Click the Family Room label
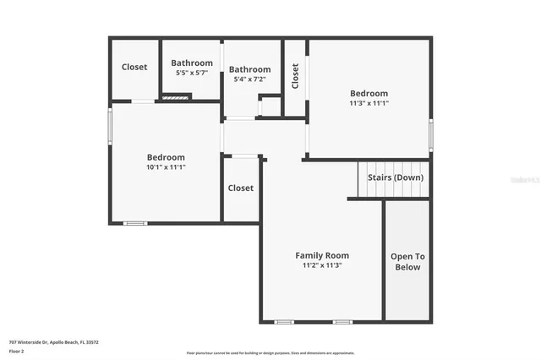(321, 255)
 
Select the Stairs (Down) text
(396, 177)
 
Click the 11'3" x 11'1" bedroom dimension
(369, 104)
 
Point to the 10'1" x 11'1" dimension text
(166, 167)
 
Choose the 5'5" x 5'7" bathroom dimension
(191, 73)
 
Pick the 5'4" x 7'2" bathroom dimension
(249, 79)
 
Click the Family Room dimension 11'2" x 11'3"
(321, 265)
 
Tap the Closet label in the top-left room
(134, 67)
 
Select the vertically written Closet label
(295, 77)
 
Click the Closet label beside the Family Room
(241, 188)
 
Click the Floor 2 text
(18, 351)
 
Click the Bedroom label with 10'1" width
(166, 157)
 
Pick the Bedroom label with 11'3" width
(369, 93)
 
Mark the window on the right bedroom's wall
(430, 134)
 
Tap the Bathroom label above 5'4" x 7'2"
(249, 69)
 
